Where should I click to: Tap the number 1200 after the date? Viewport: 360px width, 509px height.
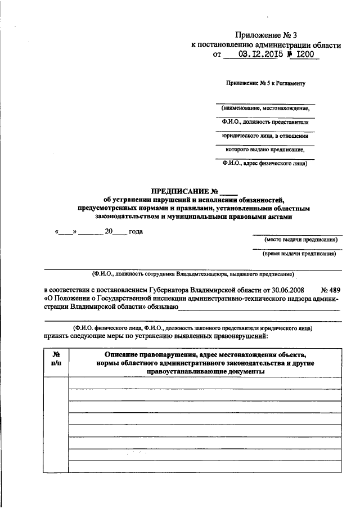point(303,55)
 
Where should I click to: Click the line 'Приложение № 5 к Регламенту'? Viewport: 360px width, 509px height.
point(265,83)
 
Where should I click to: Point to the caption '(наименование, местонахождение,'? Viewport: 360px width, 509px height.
point(265,107)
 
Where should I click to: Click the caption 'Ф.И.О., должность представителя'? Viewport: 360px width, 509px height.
point(265,121)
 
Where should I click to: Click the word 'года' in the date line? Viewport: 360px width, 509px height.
point(136,232)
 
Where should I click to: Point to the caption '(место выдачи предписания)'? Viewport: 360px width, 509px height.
point(298,240)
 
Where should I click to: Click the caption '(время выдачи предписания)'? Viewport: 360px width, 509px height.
point(298,254)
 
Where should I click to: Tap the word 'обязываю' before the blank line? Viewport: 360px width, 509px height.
point(164,307)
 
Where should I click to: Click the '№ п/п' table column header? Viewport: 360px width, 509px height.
point(56,359)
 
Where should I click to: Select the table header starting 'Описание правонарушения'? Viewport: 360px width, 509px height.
point(205,363)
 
